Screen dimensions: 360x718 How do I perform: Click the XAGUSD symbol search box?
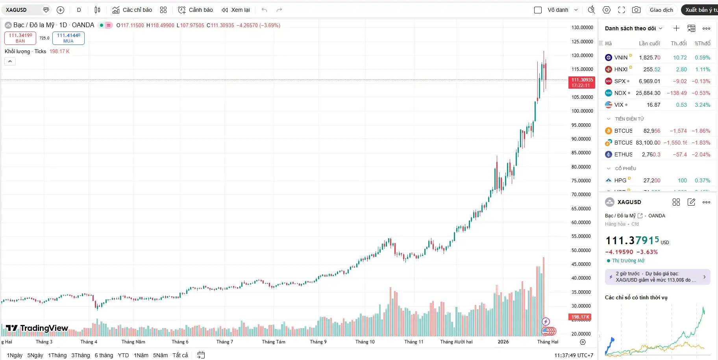tap(22, 10)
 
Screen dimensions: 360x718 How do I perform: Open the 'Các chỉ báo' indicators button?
tap(132, 10)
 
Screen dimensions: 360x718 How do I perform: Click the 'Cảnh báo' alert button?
tap(196, 10)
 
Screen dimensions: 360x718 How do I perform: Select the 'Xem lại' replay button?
tap(236, 10)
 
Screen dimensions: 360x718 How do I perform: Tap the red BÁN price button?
tap(20, 38)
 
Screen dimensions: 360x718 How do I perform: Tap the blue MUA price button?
tap(68, 38)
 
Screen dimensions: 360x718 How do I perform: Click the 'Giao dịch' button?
tap(661, 10)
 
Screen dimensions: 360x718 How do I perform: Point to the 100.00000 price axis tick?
tap(582, 111)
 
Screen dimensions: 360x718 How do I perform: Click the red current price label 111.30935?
tap(582, 82)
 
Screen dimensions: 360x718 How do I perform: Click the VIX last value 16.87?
tap(653, 105)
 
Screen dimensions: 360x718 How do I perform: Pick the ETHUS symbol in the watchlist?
tap(623, 154)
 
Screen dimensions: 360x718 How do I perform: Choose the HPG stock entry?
tap(620, 180)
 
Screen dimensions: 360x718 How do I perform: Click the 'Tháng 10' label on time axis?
tap(365, 342)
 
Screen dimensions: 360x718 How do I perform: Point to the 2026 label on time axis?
tap(503, 342)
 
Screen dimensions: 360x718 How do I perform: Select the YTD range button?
tap(123, 355)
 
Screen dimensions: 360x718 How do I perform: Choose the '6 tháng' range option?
tap(104, 355)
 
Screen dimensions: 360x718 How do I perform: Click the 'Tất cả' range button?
tap(180, 355)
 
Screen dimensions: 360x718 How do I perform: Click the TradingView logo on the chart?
tap(37, 328)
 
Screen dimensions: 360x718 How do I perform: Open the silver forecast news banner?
tap(657, 277)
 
